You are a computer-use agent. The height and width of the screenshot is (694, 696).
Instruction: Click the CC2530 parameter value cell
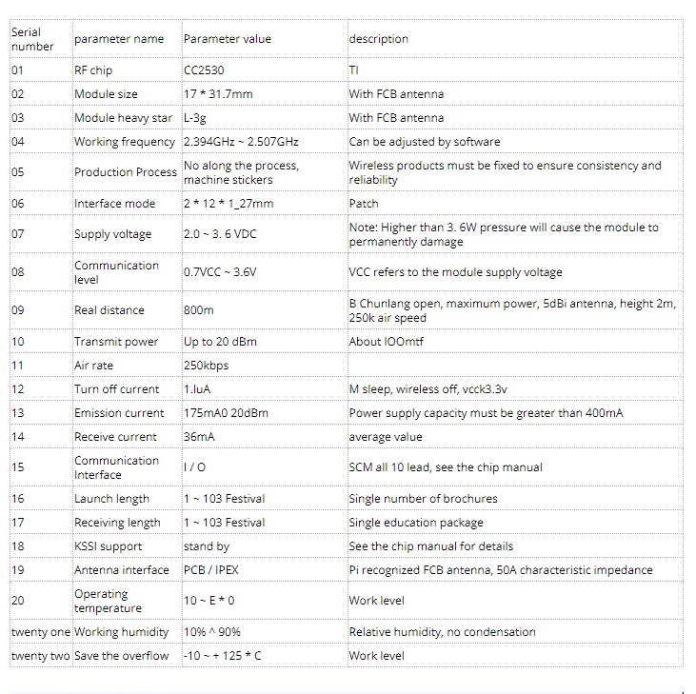(204, 70)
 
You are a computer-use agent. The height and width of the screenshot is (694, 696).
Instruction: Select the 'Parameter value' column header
(227, 39)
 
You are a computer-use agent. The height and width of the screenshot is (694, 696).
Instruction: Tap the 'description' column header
(378, 39)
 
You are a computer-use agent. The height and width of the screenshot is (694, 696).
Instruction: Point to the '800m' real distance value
(199, 310)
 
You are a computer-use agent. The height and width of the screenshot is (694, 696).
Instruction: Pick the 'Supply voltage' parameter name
(112, 234)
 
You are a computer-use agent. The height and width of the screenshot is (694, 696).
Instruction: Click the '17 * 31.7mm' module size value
(218, 94)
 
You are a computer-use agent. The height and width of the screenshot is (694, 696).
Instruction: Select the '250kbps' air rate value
(206, 366)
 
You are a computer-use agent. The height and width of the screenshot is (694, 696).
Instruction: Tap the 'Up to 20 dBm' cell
(220, 342)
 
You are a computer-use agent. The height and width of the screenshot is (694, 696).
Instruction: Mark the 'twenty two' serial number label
(40, 656)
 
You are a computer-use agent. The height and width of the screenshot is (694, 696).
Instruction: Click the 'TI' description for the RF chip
(354, 70)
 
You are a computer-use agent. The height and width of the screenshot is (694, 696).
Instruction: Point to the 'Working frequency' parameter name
(125, 142)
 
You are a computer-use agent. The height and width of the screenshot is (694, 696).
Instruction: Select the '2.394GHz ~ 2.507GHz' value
(241, 142)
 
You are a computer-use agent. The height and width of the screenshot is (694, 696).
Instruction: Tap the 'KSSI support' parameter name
(108, 546)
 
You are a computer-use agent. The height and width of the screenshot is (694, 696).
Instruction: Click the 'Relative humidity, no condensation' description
(442, 632)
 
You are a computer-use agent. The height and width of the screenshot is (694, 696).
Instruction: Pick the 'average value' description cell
(385, 437)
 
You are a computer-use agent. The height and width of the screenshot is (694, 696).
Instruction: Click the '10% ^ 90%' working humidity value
(210, 632)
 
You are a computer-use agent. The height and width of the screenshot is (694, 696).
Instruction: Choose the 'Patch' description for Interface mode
(363, 204)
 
